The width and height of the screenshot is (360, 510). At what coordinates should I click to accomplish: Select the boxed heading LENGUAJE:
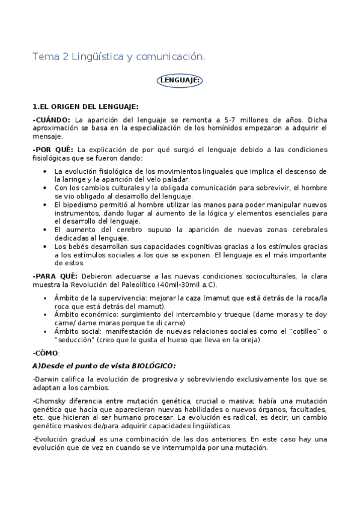click(x=180, y=80)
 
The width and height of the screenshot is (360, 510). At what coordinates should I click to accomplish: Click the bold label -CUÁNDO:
click(x=51, y=120)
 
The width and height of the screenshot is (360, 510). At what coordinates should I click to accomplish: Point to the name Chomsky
click(x=51, y=400)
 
